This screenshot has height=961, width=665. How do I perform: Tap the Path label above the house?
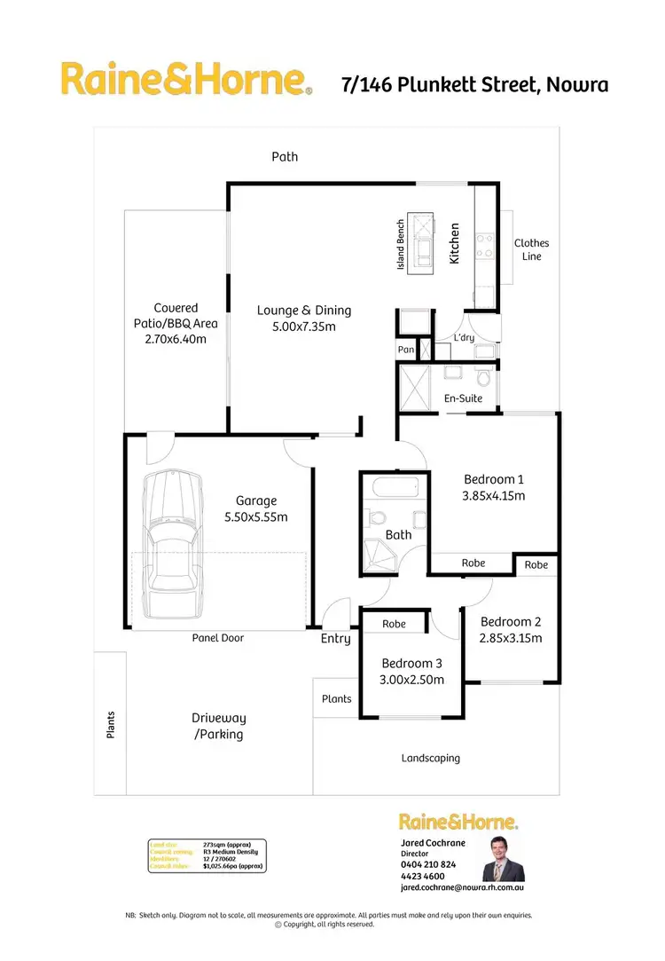285,157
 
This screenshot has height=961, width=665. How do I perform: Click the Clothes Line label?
532,249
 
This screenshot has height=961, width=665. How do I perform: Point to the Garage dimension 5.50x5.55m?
256,517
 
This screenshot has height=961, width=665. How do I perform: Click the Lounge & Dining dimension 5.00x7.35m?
304,327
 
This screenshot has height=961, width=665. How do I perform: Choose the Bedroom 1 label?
494,479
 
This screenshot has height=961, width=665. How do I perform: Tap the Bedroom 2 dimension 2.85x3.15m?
511,638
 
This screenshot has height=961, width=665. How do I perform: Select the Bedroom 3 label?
411,664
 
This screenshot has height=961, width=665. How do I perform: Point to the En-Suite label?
463,398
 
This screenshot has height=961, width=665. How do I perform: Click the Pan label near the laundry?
406,350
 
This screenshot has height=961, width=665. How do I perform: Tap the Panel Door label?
219,638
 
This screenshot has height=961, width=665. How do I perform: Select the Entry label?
336,639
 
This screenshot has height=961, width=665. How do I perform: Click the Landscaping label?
431,759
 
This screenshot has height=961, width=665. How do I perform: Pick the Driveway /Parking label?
218,726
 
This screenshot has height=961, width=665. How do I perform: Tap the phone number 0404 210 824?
428,864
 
